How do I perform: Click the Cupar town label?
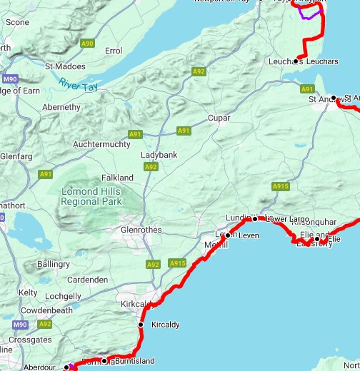click(220, 118)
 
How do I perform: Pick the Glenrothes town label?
click(141, 230)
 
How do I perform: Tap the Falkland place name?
click(117, 177)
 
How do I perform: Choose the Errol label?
click(113, 51)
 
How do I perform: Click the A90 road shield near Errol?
click(87, 44)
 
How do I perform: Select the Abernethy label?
click(61, 107)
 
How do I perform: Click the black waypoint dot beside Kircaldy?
click(141, 325)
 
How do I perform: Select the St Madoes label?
click(65, 66)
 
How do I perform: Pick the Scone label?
click(17, 22)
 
